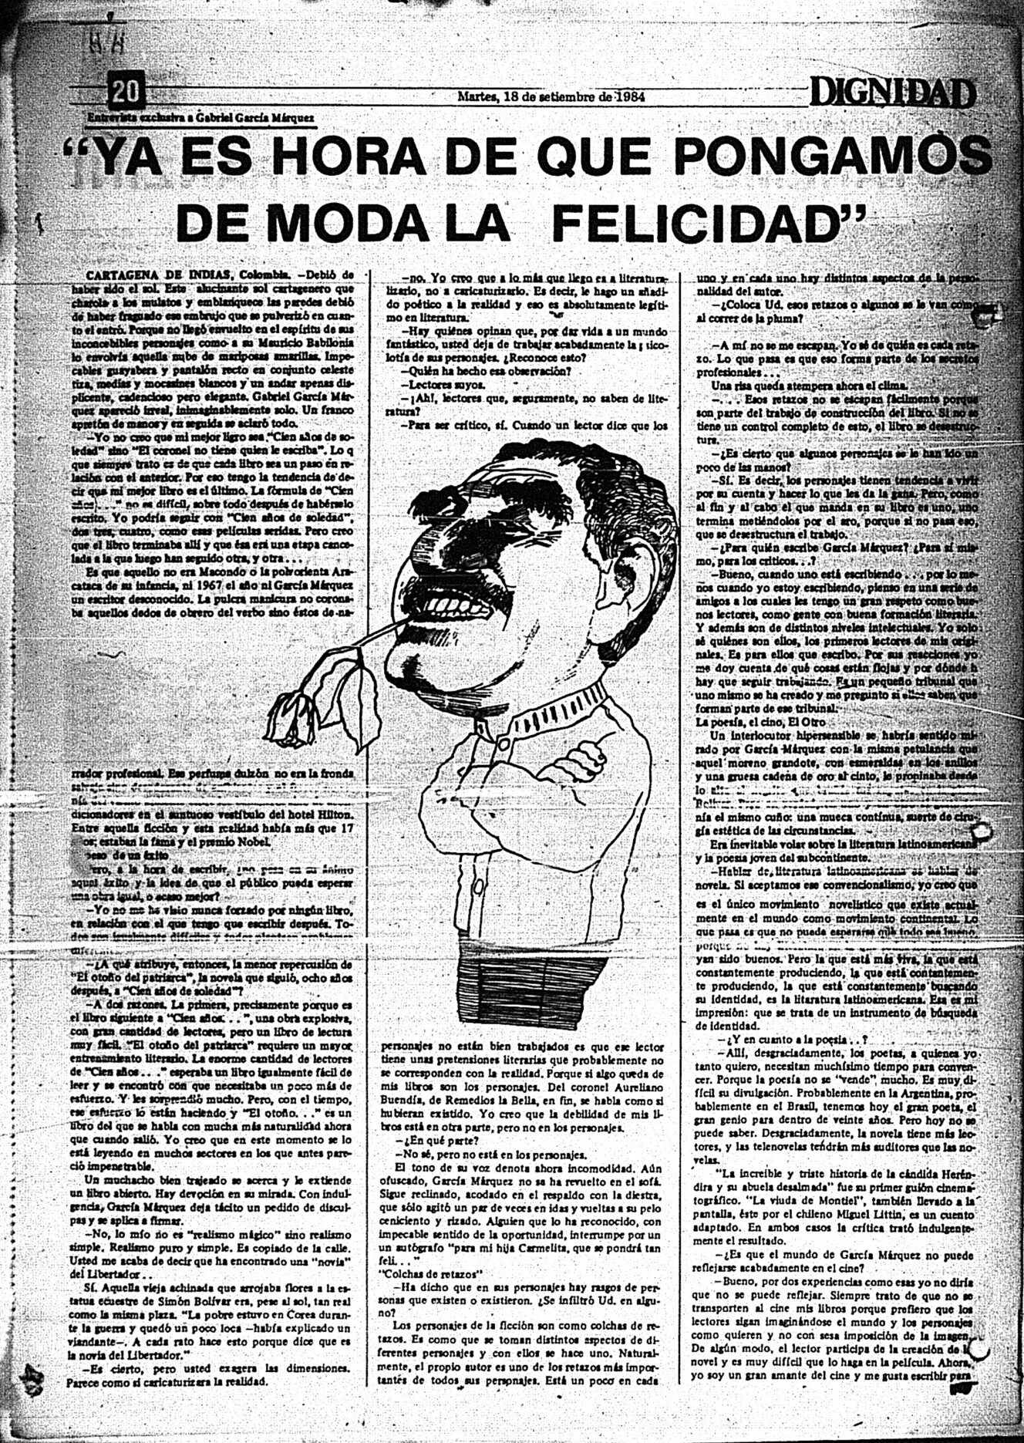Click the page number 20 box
pos(126,93)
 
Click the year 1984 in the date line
pos(626,97)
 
